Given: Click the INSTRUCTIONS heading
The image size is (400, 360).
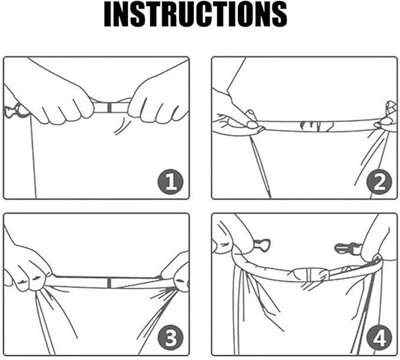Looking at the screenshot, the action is [196, 14].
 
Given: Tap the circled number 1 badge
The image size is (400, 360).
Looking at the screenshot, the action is [170, 181].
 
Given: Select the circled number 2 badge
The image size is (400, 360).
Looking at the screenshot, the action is [379, 181].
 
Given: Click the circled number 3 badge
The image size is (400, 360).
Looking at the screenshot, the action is [170, 338].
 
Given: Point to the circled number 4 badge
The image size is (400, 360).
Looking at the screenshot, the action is [379, 338].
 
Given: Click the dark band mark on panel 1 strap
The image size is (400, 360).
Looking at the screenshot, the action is [109, 107].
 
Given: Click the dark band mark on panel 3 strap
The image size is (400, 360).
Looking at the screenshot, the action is [109, 283].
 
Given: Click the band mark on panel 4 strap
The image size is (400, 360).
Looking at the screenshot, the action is [309, 275].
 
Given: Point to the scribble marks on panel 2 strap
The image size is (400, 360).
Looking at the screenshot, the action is [316, 125].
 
